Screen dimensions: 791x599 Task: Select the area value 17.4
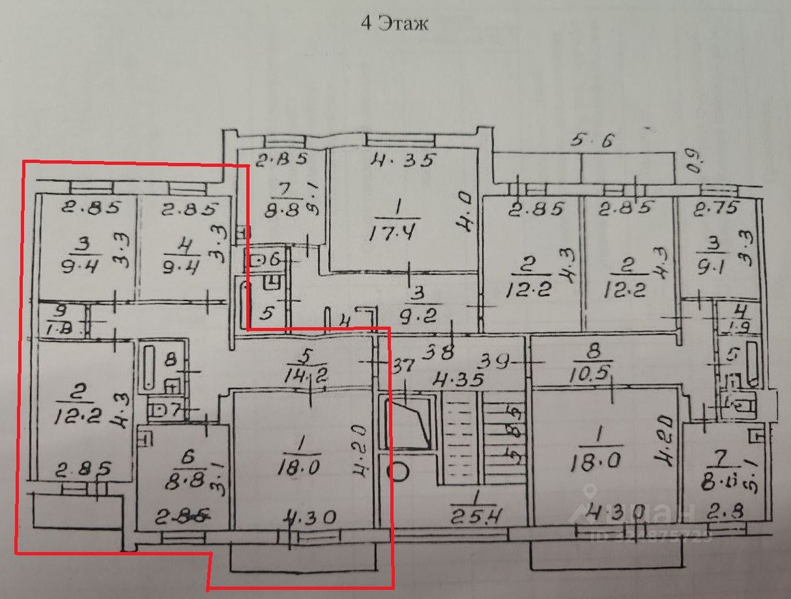397,231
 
